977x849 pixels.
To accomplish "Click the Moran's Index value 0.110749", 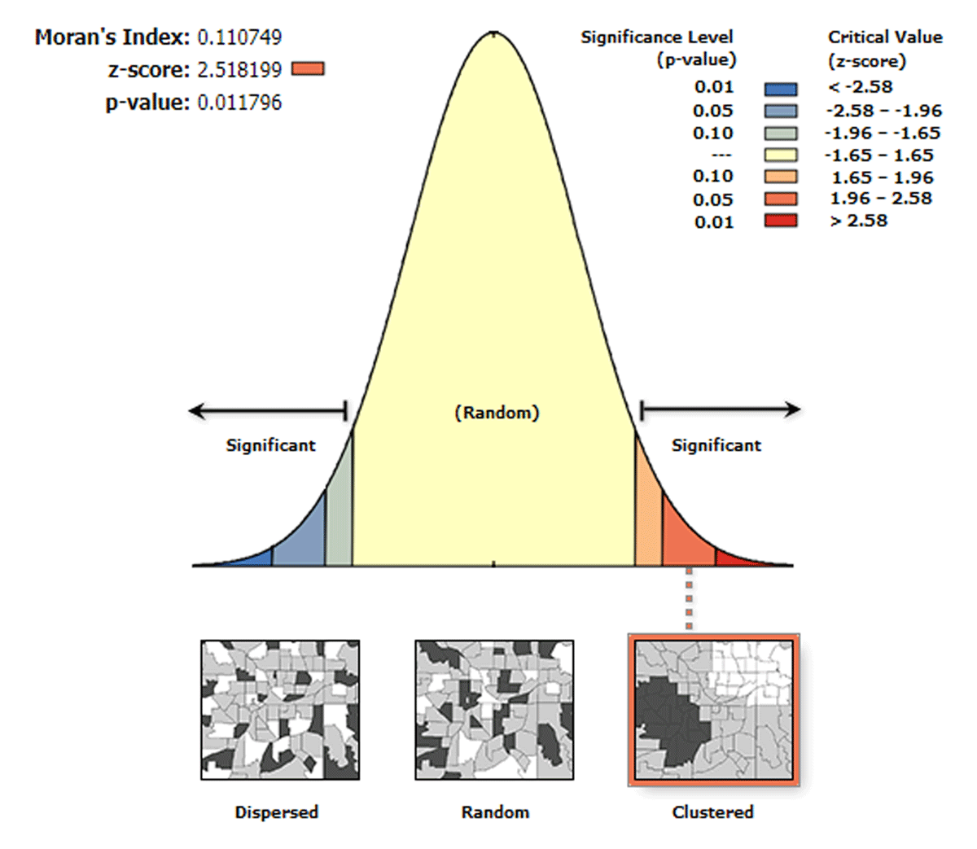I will tap(239, 37).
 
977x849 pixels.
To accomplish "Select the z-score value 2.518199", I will tap(239, 70).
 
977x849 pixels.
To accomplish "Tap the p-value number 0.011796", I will tap(239, 103).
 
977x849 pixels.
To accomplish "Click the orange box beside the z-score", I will tap(307, 69).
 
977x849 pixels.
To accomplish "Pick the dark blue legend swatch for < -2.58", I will tap(780, 89).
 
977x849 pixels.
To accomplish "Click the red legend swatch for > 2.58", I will tap(780, 221).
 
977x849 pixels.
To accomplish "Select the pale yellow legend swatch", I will tap(780, 155).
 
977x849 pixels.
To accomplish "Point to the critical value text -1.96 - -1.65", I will tap(882, 133).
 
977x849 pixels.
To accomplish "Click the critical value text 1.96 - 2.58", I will tap(881, 199).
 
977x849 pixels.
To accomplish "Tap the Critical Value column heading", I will tap(884, 37).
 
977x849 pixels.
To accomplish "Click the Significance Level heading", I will tap(656, 37).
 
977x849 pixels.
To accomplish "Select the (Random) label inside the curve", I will tap(497, 413).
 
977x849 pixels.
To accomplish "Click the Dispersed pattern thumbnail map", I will tap(280, 710).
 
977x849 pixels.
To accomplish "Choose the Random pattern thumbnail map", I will tap(494, 710).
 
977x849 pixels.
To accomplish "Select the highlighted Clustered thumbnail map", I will tap(713, 710).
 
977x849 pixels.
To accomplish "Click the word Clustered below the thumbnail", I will tap(712, 812).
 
